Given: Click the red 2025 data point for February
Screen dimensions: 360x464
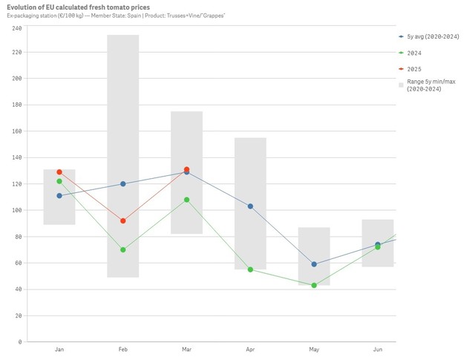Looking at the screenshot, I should tap(123, 220).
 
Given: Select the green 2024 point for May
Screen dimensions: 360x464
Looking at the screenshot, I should tap(314, 285).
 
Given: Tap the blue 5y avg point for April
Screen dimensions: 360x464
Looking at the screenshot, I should tap(250, 206).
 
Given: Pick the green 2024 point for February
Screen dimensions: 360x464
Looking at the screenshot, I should tap(123, 249).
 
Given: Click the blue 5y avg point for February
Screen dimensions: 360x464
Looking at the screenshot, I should tap(123, 183).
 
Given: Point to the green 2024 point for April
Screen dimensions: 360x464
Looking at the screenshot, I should tap(250, 269).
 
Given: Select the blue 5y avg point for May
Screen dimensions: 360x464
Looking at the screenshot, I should tap(314, 264).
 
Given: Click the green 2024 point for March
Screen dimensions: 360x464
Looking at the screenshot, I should tap(186, 200).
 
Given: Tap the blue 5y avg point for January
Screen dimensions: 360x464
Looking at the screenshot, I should tap(59, 195).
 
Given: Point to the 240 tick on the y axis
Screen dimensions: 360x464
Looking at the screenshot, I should tap(17, 28).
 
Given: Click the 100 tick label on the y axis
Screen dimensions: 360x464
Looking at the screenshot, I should tap(17, 210).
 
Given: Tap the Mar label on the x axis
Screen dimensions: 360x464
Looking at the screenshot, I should tap(186, 349).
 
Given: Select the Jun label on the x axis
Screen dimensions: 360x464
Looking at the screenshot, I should tap(377, 349).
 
